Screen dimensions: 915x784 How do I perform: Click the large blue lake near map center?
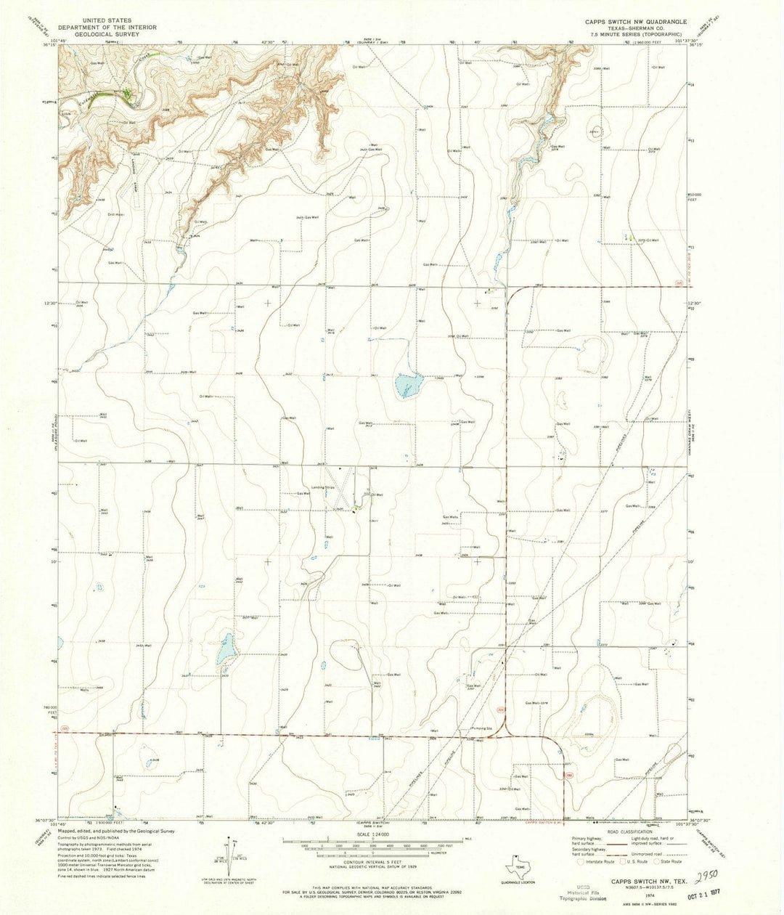pos(408,384)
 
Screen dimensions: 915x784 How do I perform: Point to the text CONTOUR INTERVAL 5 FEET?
pos(372,863)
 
